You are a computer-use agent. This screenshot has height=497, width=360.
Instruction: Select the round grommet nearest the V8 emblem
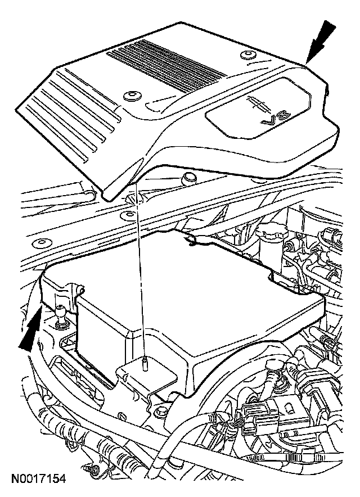pyautogui.click(x=245, y=56)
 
